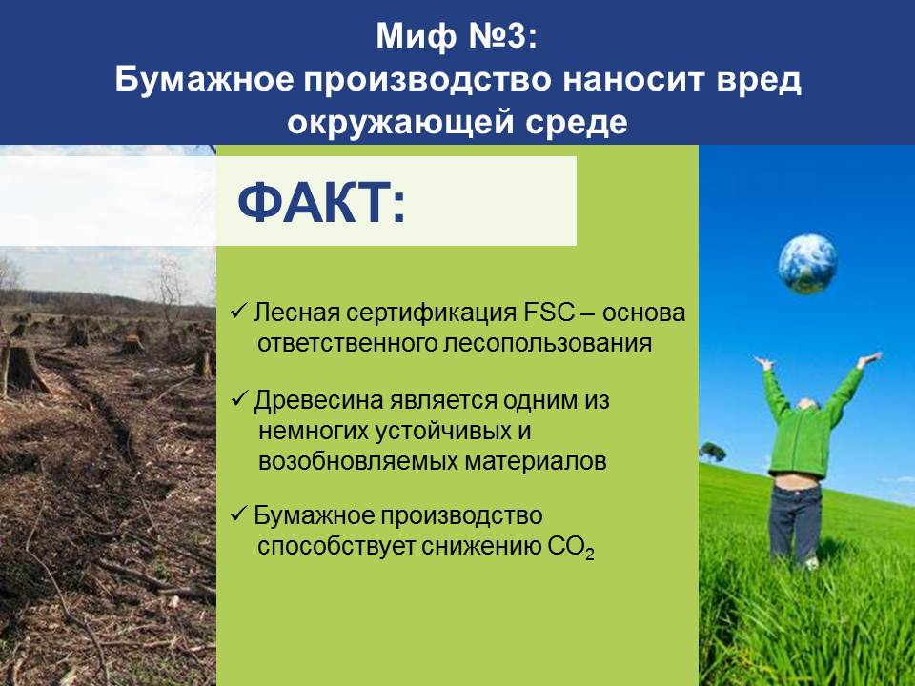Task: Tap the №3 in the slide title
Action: [x=502, y=36]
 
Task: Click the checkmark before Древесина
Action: [x=239, y=398]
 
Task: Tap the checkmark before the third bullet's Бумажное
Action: [x=239, y=514]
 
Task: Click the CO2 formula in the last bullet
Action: [x=572, y=548]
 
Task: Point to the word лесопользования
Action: [x=547, y=344]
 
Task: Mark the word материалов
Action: [x=536, y=461]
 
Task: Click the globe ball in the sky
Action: [x=807, y=264]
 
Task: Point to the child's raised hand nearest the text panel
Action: [x=763, y=363]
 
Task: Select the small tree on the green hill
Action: [x=713, y=451]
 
